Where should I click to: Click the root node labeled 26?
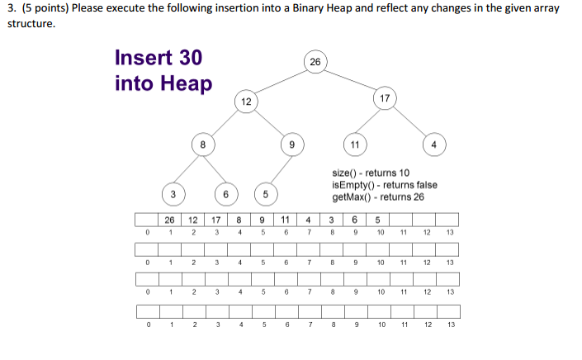315,62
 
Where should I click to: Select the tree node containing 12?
246,102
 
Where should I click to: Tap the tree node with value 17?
385,98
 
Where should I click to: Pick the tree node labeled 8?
203,144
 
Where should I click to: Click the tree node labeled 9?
292,144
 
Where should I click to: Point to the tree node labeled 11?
355,144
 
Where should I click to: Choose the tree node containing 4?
434,144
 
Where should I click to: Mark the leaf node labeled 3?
173,194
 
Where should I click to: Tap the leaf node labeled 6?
226,194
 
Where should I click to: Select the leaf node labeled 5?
266,194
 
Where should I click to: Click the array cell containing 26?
169,220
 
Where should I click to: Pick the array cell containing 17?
215,220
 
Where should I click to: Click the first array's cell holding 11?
285,220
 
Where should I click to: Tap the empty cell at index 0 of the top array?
147,220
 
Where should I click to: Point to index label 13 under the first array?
450,233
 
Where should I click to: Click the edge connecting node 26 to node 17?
350,80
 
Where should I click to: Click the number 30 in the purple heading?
191,58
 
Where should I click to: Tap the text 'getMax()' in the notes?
352,197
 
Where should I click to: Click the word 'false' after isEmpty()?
427,185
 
